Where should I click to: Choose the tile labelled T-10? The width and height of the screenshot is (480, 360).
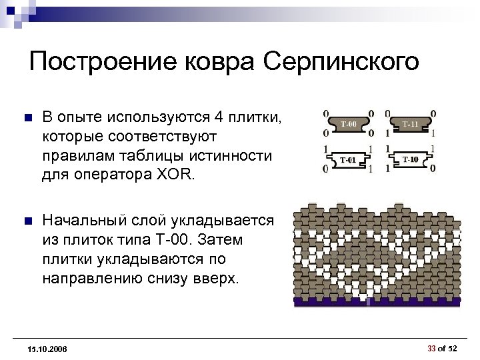[411, 159]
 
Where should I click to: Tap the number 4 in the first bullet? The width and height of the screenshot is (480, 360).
[219, 117]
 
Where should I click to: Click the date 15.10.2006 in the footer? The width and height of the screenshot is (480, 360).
[48, 349]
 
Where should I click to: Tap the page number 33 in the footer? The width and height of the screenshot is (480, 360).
[431, 348]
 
